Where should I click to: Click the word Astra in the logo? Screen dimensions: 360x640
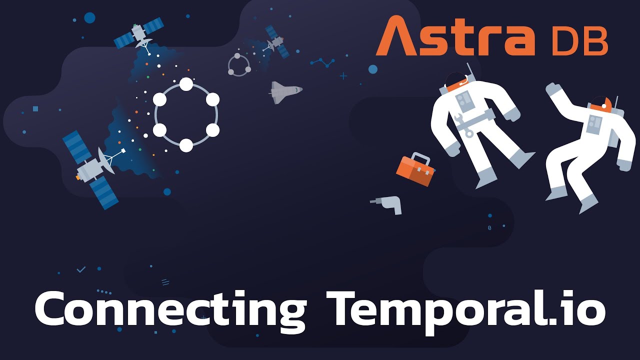pyautogui.click(x=455, y=36)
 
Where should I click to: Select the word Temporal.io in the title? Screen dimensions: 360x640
pyautogui.click(x=465, y=308)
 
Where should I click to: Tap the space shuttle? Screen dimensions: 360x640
pyautogui.click(x=285, y=91)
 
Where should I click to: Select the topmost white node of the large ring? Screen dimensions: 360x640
pyautogui.click(x=186, y=84)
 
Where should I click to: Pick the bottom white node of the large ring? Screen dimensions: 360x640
pyautogui.click(x=186, y=145)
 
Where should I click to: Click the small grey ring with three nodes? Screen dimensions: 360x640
pyautogui.click(x=239, y=65)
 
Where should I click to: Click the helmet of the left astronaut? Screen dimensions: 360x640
pyautogui.click(x=455, y=80)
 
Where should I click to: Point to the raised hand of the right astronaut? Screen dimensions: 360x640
pyautogui.click(x=552, y=90)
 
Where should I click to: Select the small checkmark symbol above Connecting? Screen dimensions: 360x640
pyautogui.click(x=81, y=269)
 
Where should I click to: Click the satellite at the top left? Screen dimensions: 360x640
pyautogui.click(x=139, y=34)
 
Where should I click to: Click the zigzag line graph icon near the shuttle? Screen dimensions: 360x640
pyautogui.click(x=322, y=63)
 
